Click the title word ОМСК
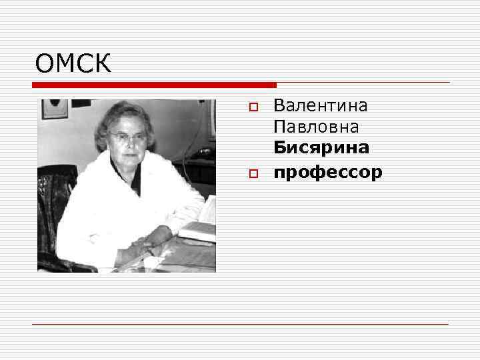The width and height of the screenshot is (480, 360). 73,64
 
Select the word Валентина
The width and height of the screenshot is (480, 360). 320,105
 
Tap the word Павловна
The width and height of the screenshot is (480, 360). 316,126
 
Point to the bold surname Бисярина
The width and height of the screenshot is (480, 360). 321,147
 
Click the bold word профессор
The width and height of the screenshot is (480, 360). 328,172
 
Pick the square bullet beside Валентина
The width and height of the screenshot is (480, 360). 253,107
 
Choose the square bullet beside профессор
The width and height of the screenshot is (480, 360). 253,173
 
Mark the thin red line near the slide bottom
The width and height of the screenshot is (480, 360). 240,324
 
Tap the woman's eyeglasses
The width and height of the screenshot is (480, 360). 129,136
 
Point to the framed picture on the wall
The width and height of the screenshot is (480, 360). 54,108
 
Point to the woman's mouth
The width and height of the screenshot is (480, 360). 131,154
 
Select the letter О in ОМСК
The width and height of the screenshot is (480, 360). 46,64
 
